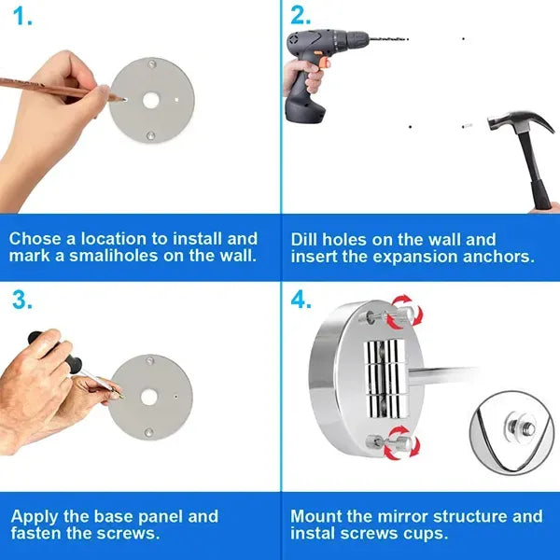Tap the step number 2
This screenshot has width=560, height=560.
301,17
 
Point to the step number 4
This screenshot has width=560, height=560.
301,300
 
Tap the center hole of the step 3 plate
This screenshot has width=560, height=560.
149,397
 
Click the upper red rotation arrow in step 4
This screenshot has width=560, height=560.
403,309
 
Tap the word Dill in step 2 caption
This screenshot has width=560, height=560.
306,239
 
